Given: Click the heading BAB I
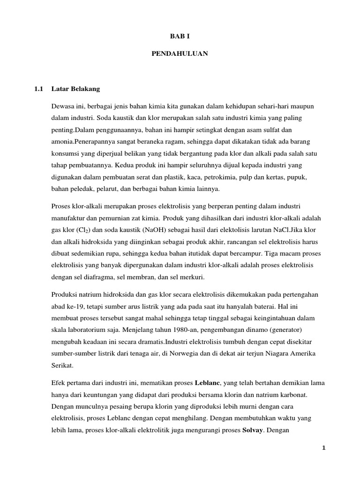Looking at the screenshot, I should click(180, 36).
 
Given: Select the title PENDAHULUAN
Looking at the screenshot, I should click(180, 54).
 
